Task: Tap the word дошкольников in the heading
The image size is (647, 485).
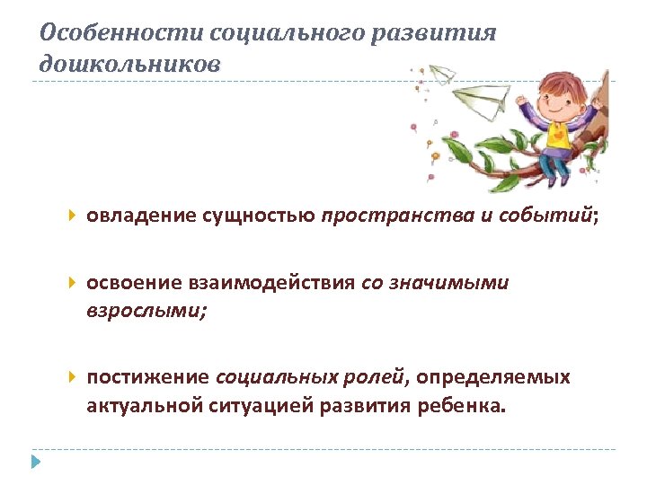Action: tap(129, 65)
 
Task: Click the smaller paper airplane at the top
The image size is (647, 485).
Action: tap(442, 75)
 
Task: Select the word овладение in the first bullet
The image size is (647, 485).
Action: tap(132, 216)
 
